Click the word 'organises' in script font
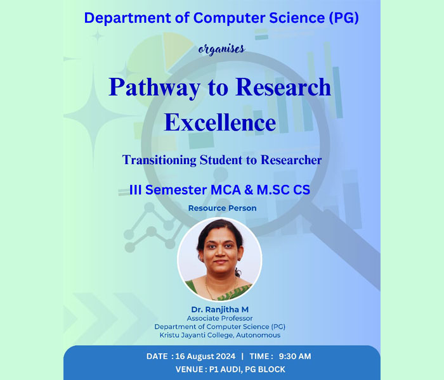pyautogui.click(x=221, y=49)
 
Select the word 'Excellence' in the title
pyautogui.click(x=220, y=122)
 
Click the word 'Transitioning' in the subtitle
pyautogui.click(x=159, y=160)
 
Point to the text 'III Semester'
pyautogui.click(x=168, y=189)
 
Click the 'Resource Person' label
pyautogui.click(x=222, y=208)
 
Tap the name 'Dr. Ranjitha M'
pyautogui.click(x=219, y=309)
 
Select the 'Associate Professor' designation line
pyautogui.click(x=219, y=318)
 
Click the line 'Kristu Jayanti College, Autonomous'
pyautogui.click(x=220, y=335)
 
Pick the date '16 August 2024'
pyautogui.click(x=206, y=356)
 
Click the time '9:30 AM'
pyautogui.click(x=295, y=356)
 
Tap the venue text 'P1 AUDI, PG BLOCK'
pyautogui.click(x=247, y=369)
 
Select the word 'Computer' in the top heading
pyautogui.click(x=230, y=18)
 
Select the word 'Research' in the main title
pyautogui.click(x=283, y=87)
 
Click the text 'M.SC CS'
pyautogui.click(x=284, y=189)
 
